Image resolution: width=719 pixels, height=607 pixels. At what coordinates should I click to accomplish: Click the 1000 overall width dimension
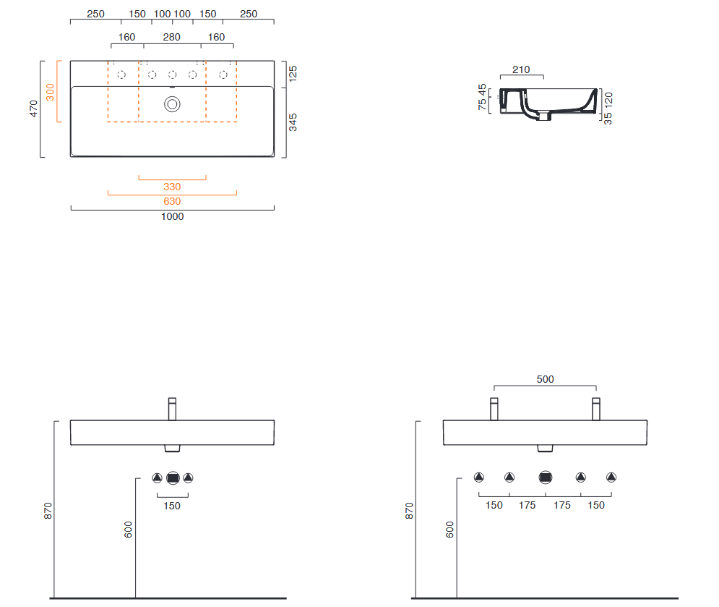[x=173, y=216]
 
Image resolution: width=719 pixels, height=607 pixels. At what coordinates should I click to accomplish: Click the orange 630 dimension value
[x=172, y=201]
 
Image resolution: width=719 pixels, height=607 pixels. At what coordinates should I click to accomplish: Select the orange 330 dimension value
[x=172, y=187]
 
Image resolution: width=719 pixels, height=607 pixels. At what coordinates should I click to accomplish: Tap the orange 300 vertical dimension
[x=50, y=92]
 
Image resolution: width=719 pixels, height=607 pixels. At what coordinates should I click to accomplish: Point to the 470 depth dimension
[x=33, y=109]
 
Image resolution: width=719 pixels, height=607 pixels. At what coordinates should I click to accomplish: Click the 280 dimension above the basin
[x=171, y=37]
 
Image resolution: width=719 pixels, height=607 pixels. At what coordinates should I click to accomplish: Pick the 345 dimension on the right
[x=293, y=122]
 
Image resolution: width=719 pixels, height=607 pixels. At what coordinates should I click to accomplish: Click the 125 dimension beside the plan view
[x=293, y=74]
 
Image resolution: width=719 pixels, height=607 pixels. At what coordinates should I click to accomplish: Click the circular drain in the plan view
[x=173, y=104]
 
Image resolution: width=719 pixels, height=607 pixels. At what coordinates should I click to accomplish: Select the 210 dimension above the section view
[x=521, y=69]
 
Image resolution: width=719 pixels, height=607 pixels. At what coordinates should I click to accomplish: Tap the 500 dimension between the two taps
[x=545, y=379]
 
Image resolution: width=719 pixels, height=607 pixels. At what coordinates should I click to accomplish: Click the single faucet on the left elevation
[x=173, y=409]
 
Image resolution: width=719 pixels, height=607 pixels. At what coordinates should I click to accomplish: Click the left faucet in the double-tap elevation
[x=494, y=409]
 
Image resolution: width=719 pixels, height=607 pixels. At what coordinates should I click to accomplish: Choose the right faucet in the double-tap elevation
[x=596, y=409]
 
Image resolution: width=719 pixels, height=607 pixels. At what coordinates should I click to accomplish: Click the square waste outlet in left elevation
[x=173, y=478]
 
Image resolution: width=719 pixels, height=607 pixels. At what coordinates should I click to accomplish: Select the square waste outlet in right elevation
[x=545, y=477]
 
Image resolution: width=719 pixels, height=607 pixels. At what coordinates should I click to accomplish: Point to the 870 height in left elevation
[x=48, y=511]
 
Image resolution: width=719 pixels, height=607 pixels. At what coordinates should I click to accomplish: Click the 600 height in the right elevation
[x=450, y=530]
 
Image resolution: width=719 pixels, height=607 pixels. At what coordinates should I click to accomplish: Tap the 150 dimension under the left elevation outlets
[x=172, y=506]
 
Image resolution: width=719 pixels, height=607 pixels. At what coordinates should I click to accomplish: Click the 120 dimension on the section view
[x=608, y=99]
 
